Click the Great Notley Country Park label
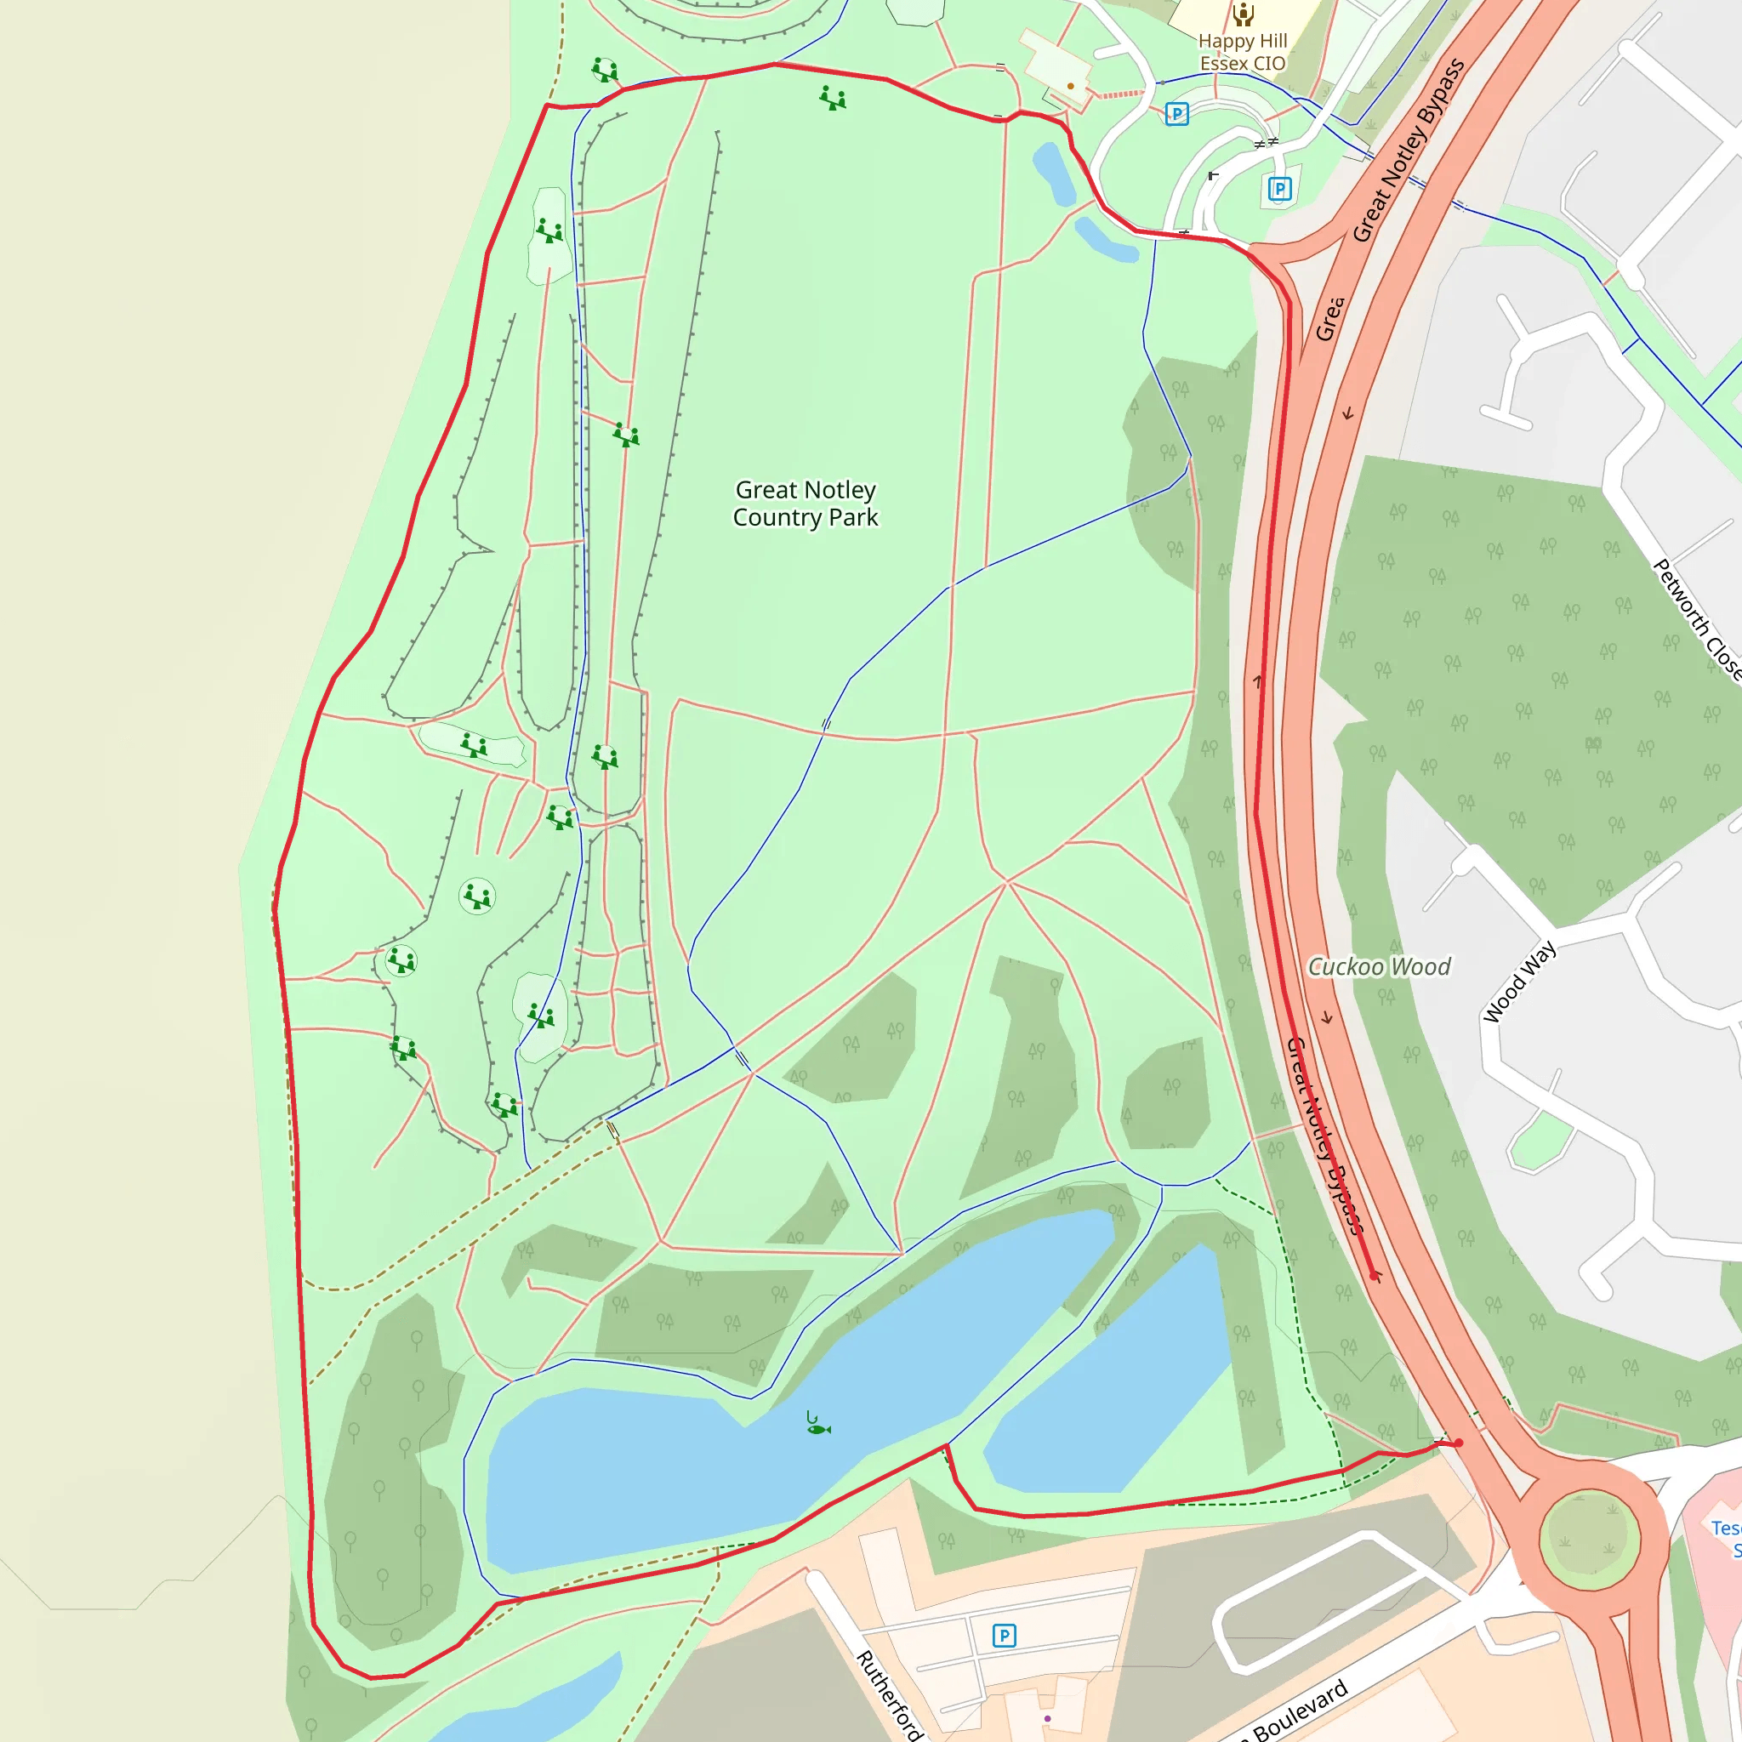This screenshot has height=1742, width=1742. tap(806, 504)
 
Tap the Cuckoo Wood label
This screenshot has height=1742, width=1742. tap(1379, 967)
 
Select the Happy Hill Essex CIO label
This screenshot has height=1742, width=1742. tap(1243, 52)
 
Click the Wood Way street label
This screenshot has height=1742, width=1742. tap(1519, 981)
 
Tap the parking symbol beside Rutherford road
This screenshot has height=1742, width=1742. tap(1005, 1636)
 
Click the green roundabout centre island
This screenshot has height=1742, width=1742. tap(1589, 1539)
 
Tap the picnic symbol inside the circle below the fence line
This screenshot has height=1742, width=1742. tap(477, 897)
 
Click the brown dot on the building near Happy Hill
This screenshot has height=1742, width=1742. tap(1070, 87)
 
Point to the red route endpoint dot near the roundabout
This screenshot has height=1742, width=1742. tap(1458, 1443)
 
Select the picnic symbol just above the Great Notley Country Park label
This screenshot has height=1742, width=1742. tap(626, 435)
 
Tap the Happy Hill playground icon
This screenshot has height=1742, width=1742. tap(1244, 14)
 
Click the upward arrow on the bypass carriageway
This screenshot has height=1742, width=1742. tap(1259, 681)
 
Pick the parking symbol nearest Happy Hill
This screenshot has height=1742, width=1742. tap(1176, 114)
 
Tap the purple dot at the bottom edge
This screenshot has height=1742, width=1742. tap(1047, 1718)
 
